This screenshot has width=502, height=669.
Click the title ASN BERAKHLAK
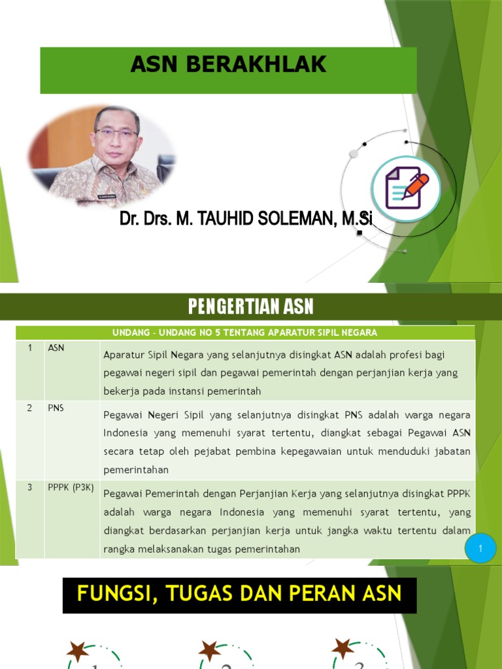tap(228, 65)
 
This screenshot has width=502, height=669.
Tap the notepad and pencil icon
tap(406, 188)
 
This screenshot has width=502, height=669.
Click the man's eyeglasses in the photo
tap(116, 133)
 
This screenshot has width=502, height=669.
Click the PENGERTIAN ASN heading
tap(251, 306)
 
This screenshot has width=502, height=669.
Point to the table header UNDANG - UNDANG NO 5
tap(245, 333)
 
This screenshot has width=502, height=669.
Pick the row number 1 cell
tap(30, 348)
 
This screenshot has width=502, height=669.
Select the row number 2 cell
tap(30, 408)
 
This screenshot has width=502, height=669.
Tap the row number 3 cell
tap(30, 487)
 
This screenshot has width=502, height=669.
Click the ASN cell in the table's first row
tap(56, 348)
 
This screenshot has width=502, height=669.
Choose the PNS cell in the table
tap(56, 408)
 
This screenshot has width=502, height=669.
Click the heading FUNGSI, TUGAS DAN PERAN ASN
tap(239, 595)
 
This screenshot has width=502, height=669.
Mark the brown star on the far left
tap(78, 651)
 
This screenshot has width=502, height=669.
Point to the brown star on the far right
tap(343, 649)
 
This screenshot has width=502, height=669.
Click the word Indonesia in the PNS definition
tap(125, 434)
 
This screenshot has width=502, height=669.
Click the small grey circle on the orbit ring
tap(354, 154)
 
